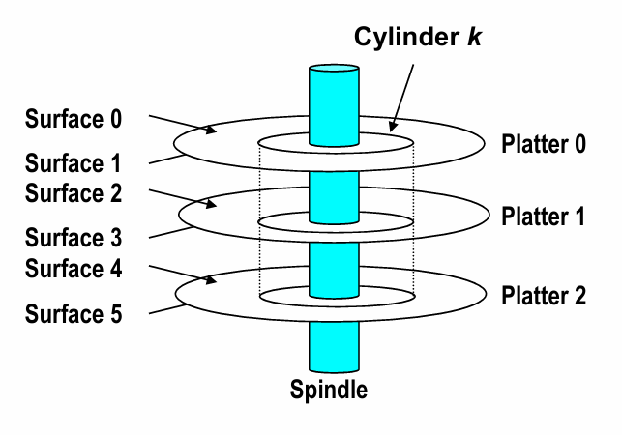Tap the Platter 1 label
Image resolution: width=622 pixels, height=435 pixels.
pyautogui.click(x=544, y=217)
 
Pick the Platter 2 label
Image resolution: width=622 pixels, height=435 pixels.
pyautogui.click(x=544, y=296)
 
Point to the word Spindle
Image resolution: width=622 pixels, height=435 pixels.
pyautogui.click(x=329, y=391)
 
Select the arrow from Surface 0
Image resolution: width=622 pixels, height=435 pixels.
pyautogui.click(x=184, y=124)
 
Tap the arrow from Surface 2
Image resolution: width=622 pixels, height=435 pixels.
pyautogui.click(x=184, y=197)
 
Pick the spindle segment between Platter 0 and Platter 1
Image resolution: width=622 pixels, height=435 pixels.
pyautogui.click(x=333, y=188)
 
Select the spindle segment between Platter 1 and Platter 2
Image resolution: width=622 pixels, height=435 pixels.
pyautogui.click(x=333, y=262)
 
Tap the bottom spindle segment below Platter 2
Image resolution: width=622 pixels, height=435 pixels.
pyautogui.click(x=333, y=348)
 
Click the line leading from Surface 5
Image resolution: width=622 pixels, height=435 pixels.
pyautogui.click(x=169, y=306)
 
